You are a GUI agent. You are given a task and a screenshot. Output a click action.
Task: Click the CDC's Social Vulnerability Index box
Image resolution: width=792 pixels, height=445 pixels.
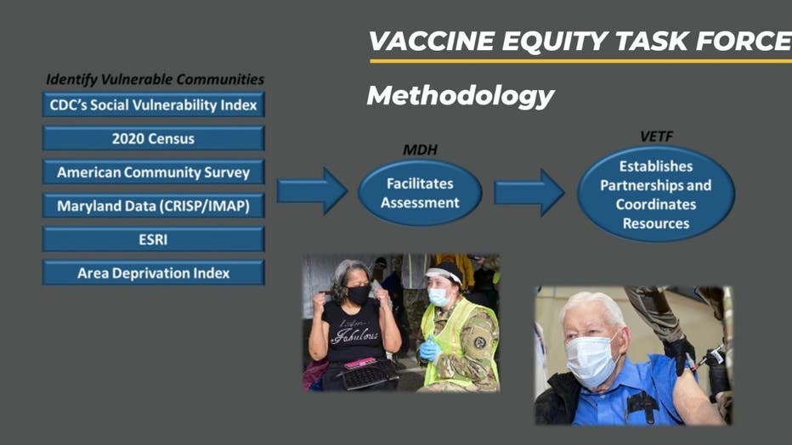[x=154, y=104]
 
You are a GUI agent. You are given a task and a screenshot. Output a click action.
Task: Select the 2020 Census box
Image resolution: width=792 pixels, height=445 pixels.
[x=154, y=138]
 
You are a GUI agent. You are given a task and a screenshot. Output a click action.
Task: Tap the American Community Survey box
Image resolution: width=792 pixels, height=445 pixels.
[x=154, y=172]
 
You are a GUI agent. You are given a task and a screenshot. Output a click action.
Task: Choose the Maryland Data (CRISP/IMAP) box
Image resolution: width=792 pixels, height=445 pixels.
[x=154, y=206]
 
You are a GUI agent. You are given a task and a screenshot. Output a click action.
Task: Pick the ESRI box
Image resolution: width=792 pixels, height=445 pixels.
[x=154, y=239]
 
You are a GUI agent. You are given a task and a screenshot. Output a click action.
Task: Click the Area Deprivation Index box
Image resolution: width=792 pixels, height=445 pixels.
[x=154, y=273]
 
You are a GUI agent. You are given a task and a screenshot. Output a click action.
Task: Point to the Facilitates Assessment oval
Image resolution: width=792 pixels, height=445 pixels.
[x=420, y=193]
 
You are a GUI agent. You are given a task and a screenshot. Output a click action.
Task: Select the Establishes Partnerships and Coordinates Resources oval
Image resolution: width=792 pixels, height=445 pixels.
[x=656, y=194]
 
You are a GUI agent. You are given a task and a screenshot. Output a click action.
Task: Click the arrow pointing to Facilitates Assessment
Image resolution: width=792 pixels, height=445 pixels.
[x=312, y=191]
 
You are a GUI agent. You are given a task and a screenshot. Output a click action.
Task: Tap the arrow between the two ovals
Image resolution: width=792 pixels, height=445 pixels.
[x=529, y=192]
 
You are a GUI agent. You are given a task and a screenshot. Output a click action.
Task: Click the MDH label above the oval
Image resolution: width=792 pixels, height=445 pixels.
[x=420, y=149]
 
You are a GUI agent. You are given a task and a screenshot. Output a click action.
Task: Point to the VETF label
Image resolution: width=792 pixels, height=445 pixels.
[x=656, y=136]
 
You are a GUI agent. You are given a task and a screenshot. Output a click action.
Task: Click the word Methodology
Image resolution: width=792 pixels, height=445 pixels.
[x=460, y=95]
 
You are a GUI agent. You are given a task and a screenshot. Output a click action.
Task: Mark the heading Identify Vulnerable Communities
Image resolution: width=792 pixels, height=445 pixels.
[x=155, y=79]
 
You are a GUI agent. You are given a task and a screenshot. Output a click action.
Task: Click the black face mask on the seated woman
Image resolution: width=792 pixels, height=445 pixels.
[x=358, y=294]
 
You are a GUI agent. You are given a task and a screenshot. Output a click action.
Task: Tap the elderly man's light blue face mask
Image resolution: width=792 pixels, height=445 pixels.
[x=591, y=360]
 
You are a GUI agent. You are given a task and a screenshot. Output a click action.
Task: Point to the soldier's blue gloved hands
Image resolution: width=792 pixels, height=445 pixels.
[x=429, y=350]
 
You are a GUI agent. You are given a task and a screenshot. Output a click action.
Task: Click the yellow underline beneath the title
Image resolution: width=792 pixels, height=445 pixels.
[x=581, y=61]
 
